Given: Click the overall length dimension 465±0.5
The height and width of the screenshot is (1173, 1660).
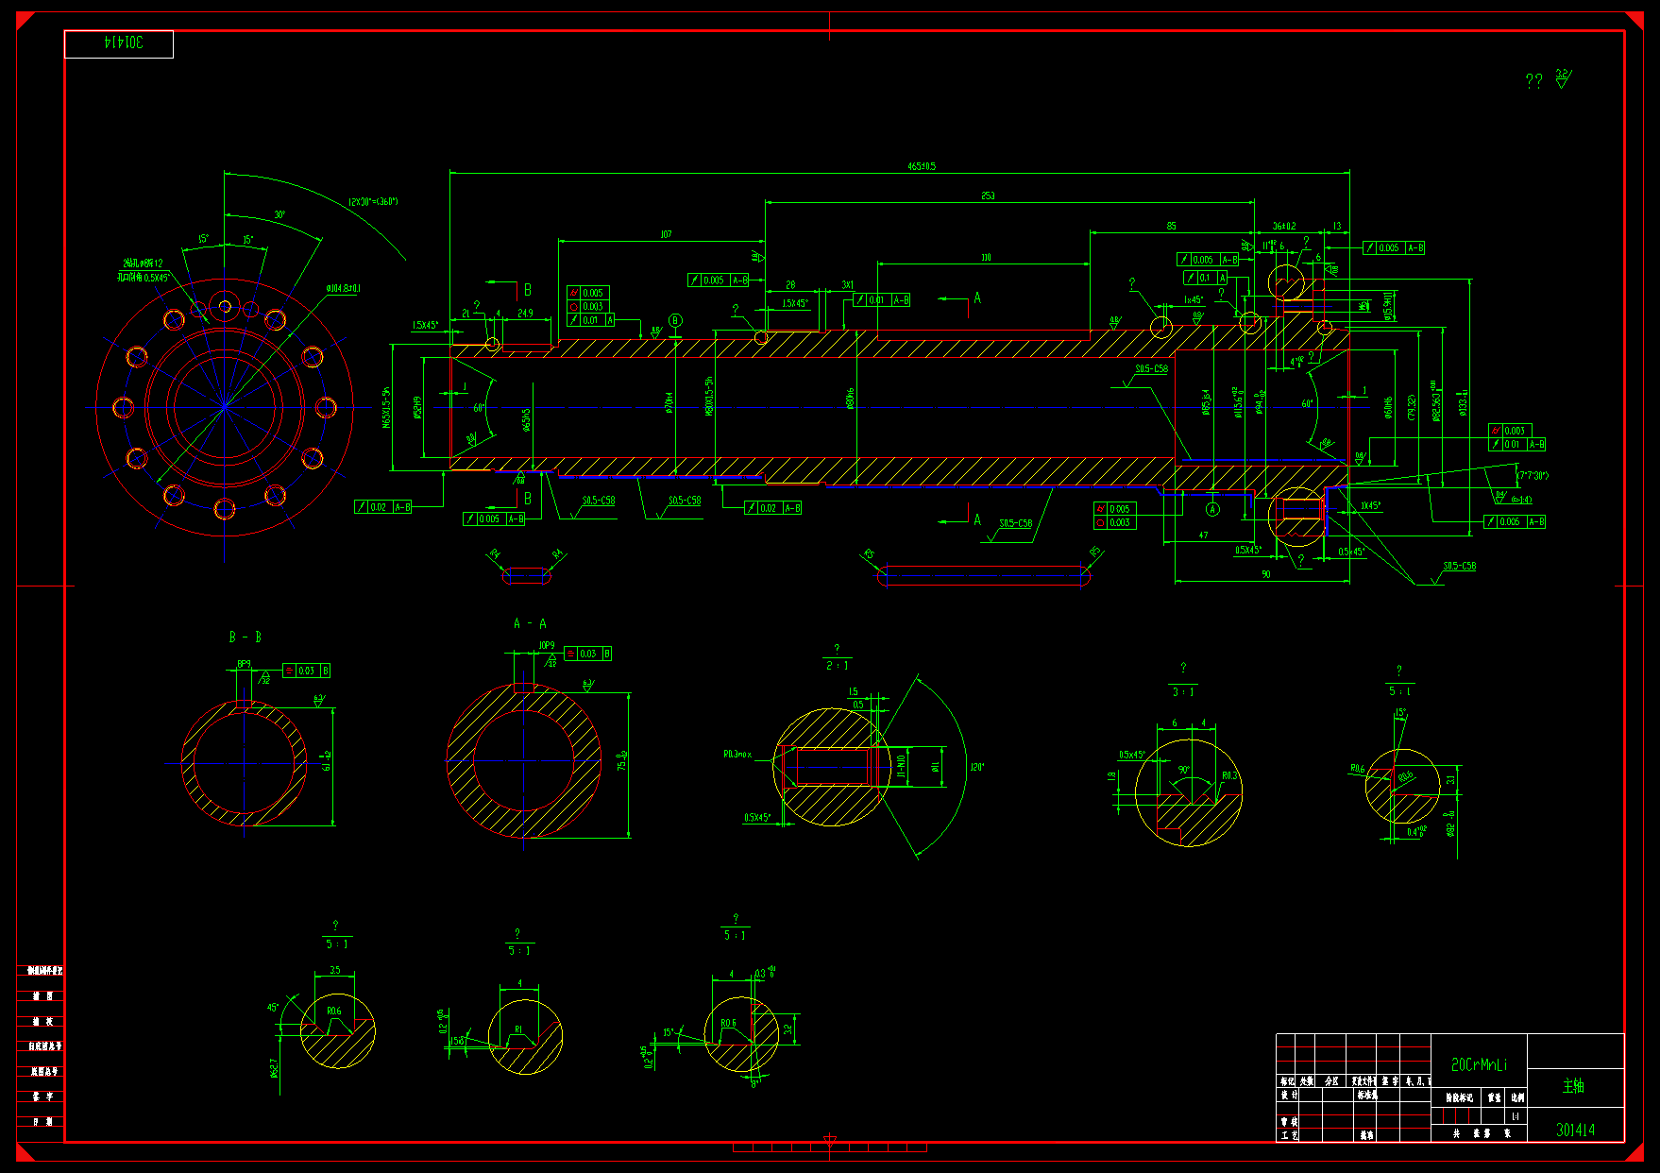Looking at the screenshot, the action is pyautogui.click(x=922, y=166).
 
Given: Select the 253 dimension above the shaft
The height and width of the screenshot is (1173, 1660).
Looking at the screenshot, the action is pyautogui.click(x=988, y=196).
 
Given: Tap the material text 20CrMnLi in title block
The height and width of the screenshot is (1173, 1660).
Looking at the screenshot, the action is pyautogui.click(x=1479, y=1065).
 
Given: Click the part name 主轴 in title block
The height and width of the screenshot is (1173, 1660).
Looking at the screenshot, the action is pyautogui.click(x=1573, y=1086).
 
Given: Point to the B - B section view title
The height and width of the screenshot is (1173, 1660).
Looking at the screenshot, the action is pyautogui.click(x=245, y=637).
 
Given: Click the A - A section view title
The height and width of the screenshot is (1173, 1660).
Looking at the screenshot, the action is pyautogui.click(x=530, y=623).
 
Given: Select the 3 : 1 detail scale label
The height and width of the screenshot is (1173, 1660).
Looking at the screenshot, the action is pyautogui.click(x=1183, y=692).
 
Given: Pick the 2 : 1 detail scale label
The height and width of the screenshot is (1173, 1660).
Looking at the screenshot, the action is pyautogui.click(x=837, y=666).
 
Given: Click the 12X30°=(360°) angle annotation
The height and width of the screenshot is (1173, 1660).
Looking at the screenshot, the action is pyautogui.click(x=373, y=201).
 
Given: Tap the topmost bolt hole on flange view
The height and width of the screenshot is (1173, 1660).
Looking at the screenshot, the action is pyautogui.click(x=225, y=305).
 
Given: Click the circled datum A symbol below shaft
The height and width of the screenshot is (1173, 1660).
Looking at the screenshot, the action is pyautogui.click(x=1213, y=510).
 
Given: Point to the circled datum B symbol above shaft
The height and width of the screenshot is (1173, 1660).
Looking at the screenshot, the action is pyautogui.click(x=676, y=321).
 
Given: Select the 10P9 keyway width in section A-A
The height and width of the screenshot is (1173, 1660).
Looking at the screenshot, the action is pyautogui.click(x=547, y=646).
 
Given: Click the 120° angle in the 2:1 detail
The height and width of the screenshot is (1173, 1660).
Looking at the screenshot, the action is pyautogui.click(x=976, y=767).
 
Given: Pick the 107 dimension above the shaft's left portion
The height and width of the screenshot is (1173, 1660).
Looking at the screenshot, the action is pyautogui.click(x=666, y=234).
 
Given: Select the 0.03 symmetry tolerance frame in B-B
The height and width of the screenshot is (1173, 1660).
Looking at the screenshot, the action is pyautogui.click(x=306, y=671).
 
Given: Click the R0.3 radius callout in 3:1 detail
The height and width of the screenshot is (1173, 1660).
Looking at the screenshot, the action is pyautogui.click(x=1229, y=776).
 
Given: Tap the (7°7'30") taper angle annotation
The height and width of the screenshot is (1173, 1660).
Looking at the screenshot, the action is pyautogui.click(x=1532, y=476).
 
